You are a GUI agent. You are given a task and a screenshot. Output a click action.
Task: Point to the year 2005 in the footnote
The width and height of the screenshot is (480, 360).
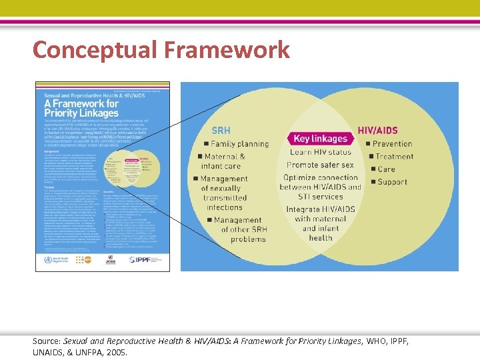pos(115,353)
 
